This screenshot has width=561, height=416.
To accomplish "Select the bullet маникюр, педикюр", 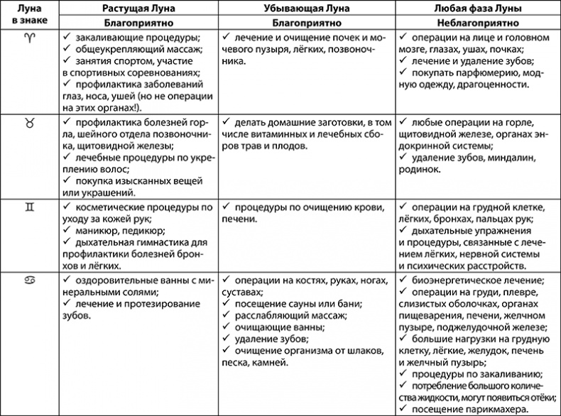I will [114, 230].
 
